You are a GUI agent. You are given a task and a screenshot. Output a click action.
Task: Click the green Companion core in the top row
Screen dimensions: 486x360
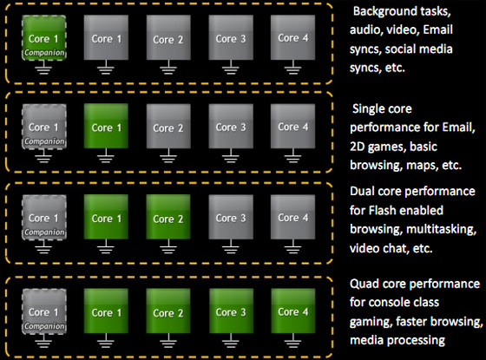(44, 37)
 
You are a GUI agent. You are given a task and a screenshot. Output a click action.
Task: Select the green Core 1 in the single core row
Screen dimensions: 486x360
(106, 126)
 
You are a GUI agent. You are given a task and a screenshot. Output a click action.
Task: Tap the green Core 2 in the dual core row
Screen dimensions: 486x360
(168, 217)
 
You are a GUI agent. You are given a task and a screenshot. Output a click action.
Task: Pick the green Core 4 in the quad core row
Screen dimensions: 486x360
(293, 311)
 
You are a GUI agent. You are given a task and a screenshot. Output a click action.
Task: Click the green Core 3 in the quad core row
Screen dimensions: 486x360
(231, 311)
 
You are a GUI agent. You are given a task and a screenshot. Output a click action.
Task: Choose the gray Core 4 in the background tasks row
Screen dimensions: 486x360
(293, 37)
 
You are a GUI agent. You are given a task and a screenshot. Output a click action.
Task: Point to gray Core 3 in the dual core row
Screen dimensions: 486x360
(231, 217)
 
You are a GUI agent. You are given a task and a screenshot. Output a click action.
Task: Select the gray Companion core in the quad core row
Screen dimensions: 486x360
(44, 311)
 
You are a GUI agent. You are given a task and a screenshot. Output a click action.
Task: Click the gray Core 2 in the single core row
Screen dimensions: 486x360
(168, 126)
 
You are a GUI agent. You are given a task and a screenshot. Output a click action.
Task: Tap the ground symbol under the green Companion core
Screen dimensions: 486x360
(43, 68)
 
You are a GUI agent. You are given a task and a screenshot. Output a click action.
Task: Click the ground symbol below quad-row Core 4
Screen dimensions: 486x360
(293, 341)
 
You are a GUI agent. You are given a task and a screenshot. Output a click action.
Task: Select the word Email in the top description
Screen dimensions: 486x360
(437, 29)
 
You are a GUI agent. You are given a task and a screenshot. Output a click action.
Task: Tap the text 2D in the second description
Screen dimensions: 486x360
(357, 147)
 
